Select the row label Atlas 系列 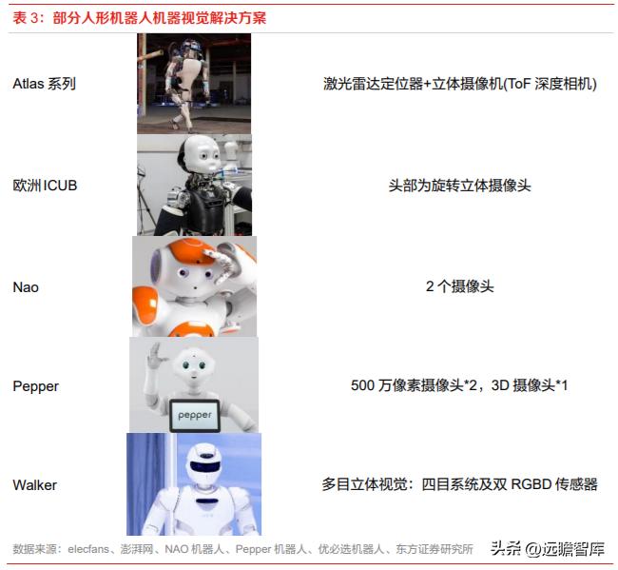(44, 84)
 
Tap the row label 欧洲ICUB (45, 186)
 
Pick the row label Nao (26, 286)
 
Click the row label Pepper (35, 386)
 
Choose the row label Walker (34, 485)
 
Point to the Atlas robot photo (193, 83)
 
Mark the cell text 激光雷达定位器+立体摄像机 (459, 84)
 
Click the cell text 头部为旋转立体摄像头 (460, 186)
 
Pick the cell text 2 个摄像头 (460, 286)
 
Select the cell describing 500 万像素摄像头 (459, 386)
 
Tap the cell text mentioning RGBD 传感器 (459, 485)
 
